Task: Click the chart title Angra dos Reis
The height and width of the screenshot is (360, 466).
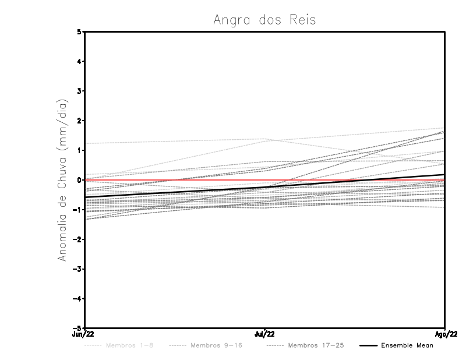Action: (264, 20)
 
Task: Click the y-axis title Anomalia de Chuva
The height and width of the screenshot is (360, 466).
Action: (63, 180)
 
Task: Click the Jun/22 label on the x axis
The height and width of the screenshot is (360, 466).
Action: (83, 334)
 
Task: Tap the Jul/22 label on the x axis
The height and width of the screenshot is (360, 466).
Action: (264, 334)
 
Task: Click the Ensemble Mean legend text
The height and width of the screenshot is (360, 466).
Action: (407, 345)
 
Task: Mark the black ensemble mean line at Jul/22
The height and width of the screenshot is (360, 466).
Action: (264, 187)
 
